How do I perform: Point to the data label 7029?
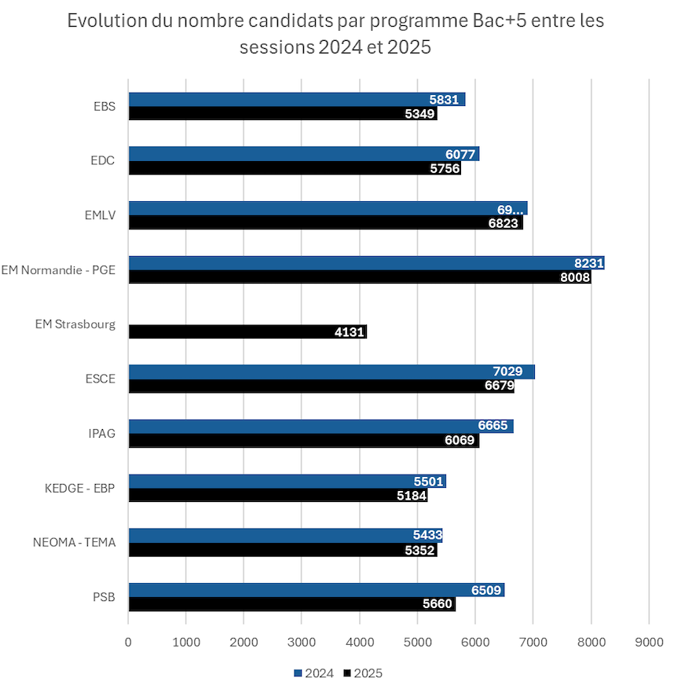click(510, 372)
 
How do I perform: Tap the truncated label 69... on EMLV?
click(510, 209)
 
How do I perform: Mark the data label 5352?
click(419, 550)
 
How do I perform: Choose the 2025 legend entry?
click(363, 673)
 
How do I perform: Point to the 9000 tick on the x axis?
click(648, 642)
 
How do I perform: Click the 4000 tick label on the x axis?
click(359, 642)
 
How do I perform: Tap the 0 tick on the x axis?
click(128, 642)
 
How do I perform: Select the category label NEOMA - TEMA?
click(74, 542)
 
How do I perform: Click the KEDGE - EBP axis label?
click(80, 488)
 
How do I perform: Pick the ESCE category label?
click(100, 379)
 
